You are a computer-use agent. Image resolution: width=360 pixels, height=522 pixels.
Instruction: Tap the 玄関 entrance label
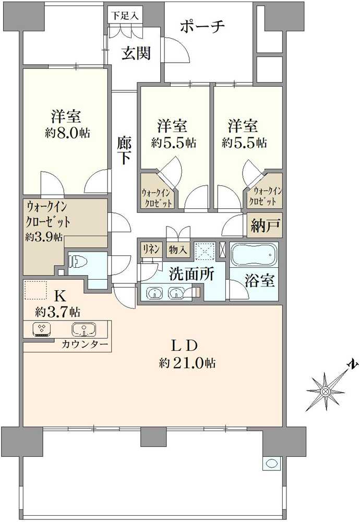coord(137,53)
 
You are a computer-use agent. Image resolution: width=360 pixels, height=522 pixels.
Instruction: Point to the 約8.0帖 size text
coord(67,133)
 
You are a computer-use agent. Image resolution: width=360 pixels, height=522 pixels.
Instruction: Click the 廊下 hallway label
coord(124,150)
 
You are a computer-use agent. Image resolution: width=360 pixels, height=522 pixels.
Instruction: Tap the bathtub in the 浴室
coord(253,256)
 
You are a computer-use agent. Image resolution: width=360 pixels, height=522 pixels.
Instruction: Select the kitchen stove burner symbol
coord(41,329)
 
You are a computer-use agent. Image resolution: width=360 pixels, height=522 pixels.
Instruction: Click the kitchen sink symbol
coord(83,329)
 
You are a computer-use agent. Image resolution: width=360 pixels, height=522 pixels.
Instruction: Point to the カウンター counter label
coord(85,345)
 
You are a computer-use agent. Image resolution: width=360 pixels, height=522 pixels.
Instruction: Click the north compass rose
coord(326,389)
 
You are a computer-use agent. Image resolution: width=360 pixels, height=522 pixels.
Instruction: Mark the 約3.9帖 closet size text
coord(44,237)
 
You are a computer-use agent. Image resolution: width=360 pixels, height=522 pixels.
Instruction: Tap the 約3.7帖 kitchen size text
coord(57,312)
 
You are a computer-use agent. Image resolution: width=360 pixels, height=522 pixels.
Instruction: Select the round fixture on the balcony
coord(272,463)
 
